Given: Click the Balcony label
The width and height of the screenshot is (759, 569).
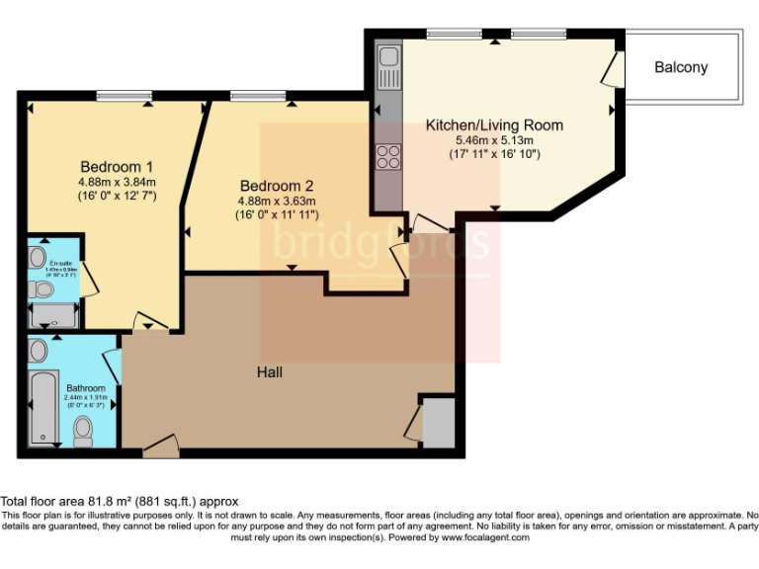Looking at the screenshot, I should coord(681,67).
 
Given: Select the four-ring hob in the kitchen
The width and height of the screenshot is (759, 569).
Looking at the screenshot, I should coord(387,157).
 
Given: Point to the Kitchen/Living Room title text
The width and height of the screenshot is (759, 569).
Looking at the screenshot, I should coord(494,125).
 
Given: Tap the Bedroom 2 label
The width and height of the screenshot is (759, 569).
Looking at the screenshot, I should coord(277,185).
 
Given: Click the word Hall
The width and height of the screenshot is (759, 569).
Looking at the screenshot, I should coord(270,372).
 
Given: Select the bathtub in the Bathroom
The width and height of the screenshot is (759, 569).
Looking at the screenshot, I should coord(43,408).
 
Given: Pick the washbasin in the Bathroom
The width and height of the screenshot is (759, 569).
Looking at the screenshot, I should coord(40,351).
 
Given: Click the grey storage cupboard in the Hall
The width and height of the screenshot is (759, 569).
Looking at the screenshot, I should coord(438,423).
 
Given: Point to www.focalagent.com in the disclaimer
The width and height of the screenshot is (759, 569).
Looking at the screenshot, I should coord(485,537).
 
